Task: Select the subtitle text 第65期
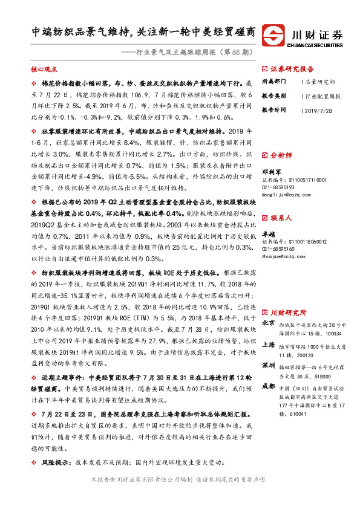[x=232, y=53]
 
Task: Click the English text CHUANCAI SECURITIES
[x=317, y=43]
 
